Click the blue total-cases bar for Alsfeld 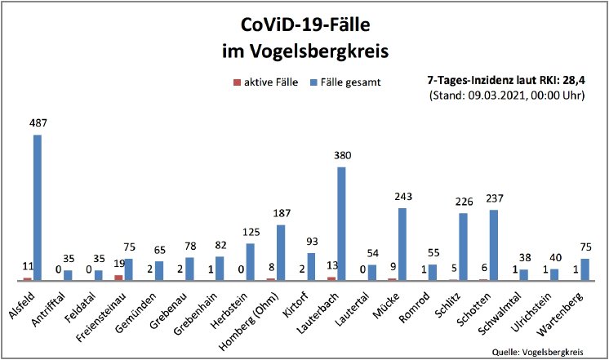[38, 207]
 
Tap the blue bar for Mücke [402, 244]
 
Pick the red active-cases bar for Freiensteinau [119, 278]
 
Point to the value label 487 [38, 123]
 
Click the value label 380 [341, 155]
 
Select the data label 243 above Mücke [402, 197]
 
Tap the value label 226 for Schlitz [462, 202]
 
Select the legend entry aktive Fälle [264, 82]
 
